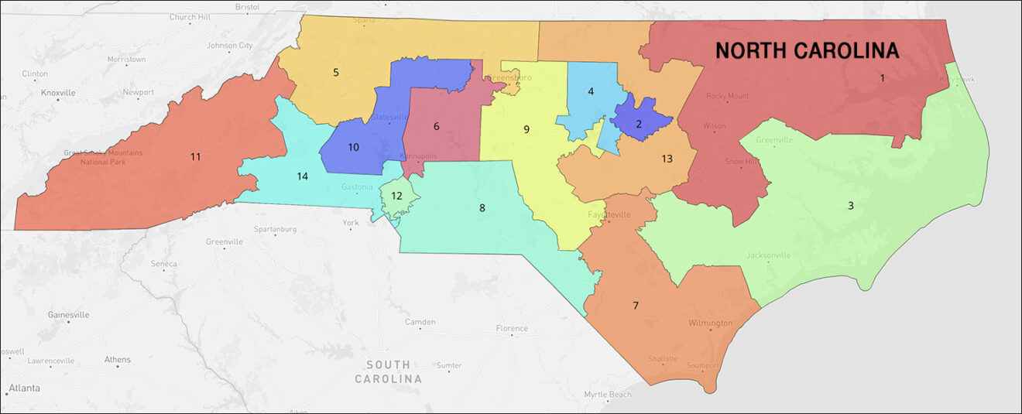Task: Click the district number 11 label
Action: point(195,157)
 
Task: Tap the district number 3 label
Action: point(850,206)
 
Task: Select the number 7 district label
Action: point(636,306)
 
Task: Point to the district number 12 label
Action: point(396,196)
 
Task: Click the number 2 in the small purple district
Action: point(639,124)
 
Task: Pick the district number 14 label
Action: point(302,176)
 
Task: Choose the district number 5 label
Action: point(336,73)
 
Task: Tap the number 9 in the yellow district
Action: point(526,129)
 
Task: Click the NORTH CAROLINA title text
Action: point(807,51)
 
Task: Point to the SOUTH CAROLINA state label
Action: point(389,372)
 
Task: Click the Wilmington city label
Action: point(710,323)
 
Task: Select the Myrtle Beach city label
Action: point(608,395)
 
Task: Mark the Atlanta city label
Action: point(24,388)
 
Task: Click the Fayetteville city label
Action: point(609,214)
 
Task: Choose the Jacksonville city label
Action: point(768,255)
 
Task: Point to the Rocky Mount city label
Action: point(727,97)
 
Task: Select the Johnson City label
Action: point(230,46)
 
